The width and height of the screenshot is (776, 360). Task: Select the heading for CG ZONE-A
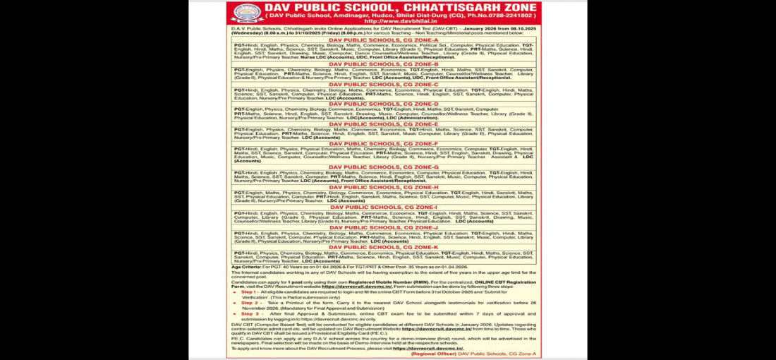pos(383,40)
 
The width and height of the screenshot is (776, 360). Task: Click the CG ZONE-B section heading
pos(383,64)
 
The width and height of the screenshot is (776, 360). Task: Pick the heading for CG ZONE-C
pos(383,84)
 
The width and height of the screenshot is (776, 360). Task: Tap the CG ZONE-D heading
pos(383,104)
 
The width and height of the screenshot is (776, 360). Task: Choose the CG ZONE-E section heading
pos(383,124)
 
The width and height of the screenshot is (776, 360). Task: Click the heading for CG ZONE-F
pos(383,143)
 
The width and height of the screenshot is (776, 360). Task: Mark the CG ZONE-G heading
pos(383,167)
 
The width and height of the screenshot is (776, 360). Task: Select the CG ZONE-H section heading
pos(383,187)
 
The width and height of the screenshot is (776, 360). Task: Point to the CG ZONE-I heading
pos(383,207)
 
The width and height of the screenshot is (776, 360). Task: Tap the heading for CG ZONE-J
pos(383,227)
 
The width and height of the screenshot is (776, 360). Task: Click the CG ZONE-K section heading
pos(383,247)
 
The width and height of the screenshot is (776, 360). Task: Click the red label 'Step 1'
pos(249,290)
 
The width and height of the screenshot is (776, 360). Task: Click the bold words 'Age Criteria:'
pos(246,267)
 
